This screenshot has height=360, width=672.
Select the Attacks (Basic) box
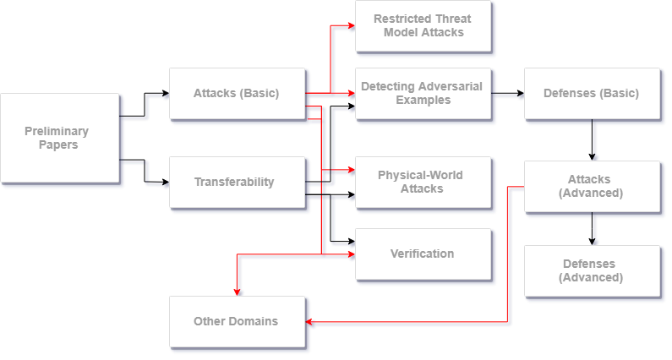[236, 93]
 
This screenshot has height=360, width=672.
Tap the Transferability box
[236, 182]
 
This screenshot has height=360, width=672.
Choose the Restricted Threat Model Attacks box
[423, 25]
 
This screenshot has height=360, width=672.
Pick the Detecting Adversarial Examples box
[423, 93]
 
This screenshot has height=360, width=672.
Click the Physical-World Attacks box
[422, 182]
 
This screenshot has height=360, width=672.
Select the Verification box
[422, 254]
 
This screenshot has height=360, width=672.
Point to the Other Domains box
[236, 321]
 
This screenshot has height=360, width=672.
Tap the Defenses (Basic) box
[591, 93]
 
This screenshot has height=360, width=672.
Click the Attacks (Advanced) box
[591, 186]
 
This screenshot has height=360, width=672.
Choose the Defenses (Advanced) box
[591, 270]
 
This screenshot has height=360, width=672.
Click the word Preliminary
[57, 131]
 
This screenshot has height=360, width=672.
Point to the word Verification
[422, 254]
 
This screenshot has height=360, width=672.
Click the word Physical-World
[420, 176]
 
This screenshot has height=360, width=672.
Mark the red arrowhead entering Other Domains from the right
[310, 322]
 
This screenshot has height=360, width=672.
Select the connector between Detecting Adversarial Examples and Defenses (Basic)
[507, 95]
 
